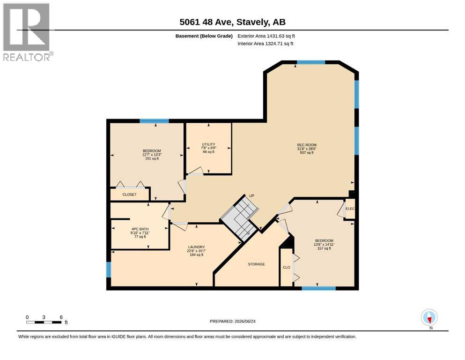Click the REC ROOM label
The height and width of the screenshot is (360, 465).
[x=307, y=145]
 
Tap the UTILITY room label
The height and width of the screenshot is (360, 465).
[x=208, y=144]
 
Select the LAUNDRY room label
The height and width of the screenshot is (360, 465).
[x=196, y=247]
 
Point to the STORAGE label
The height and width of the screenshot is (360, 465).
[x=257, y=264]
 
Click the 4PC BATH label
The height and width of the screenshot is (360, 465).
[x=140, y=229]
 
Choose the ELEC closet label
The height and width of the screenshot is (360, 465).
[x=350, y=209]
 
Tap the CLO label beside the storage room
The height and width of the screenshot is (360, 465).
[x=287, y=267]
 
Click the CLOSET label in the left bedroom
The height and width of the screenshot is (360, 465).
[x=130, y=195]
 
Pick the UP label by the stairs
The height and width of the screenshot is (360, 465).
[x=252, y=195]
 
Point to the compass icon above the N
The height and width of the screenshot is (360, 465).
[x=429, y=317]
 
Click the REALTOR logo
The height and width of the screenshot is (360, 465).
[x=27, y=32]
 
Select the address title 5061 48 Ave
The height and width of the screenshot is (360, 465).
[x=207, y=22]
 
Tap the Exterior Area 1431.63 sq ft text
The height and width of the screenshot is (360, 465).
[x=266, y=36]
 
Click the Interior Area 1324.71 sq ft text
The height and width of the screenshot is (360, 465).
[x=266, y=44]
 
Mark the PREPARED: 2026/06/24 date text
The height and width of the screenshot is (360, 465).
[x=232, y=321]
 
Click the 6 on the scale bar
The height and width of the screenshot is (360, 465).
[x=61, y=317]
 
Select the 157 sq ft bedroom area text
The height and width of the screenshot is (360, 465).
[x=324, y=248]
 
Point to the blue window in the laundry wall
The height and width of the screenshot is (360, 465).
[x=109, y=270]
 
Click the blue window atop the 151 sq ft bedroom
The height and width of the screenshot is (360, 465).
[x=154, y=121]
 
